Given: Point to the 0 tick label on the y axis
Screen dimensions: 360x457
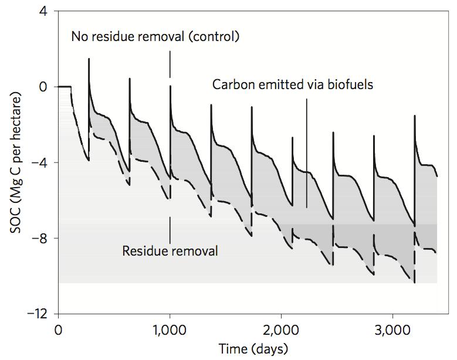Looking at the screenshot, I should point(45,87).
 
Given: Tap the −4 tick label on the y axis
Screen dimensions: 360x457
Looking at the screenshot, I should point(41,162).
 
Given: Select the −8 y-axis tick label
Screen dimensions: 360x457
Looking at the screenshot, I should point(41,238).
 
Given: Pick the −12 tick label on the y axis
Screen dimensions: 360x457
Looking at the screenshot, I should point(39,314).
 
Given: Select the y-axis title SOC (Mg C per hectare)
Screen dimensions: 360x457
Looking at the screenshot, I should point(16,162).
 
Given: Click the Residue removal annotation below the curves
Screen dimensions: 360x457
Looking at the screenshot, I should point(170,252).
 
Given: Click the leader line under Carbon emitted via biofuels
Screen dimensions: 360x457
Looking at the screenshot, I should point(307,152).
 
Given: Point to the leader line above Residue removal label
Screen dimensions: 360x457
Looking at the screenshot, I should point(170,229).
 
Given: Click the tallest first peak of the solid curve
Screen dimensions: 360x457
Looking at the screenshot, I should point(89,59).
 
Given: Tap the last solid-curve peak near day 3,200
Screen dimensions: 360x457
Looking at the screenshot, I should point(415,116).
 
